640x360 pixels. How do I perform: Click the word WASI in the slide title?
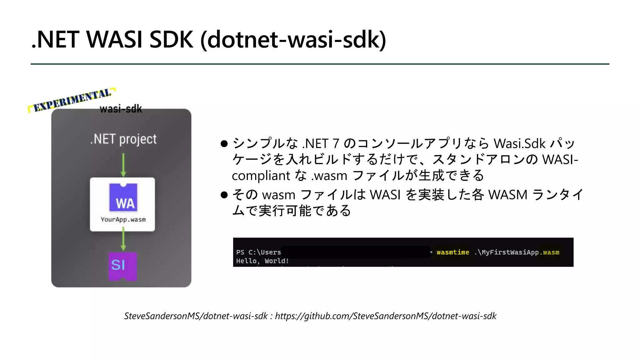[114, 40]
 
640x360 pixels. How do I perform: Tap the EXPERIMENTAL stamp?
[72, 100]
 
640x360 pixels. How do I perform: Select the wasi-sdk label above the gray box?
[121, 109]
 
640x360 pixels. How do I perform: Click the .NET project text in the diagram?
[123, 139]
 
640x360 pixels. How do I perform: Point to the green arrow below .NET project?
[123, 165]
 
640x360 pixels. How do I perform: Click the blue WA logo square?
[123, 197]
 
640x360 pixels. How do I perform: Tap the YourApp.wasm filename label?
[123, 219]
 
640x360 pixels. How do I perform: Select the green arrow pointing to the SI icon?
[123, 239]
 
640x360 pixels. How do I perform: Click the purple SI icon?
[122, 266]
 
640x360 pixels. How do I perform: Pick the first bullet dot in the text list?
[224, 144]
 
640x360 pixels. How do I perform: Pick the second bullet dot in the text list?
[224, 195]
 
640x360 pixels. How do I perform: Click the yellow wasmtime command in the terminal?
[453, 252]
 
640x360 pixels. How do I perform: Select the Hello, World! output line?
[262, 261]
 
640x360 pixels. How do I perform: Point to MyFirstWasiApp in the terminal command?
[510, 252]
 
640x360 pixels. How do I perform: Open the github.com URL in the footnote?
[385, 316]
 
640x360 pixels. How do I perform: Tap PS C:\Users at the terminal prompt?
[258, 252]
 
